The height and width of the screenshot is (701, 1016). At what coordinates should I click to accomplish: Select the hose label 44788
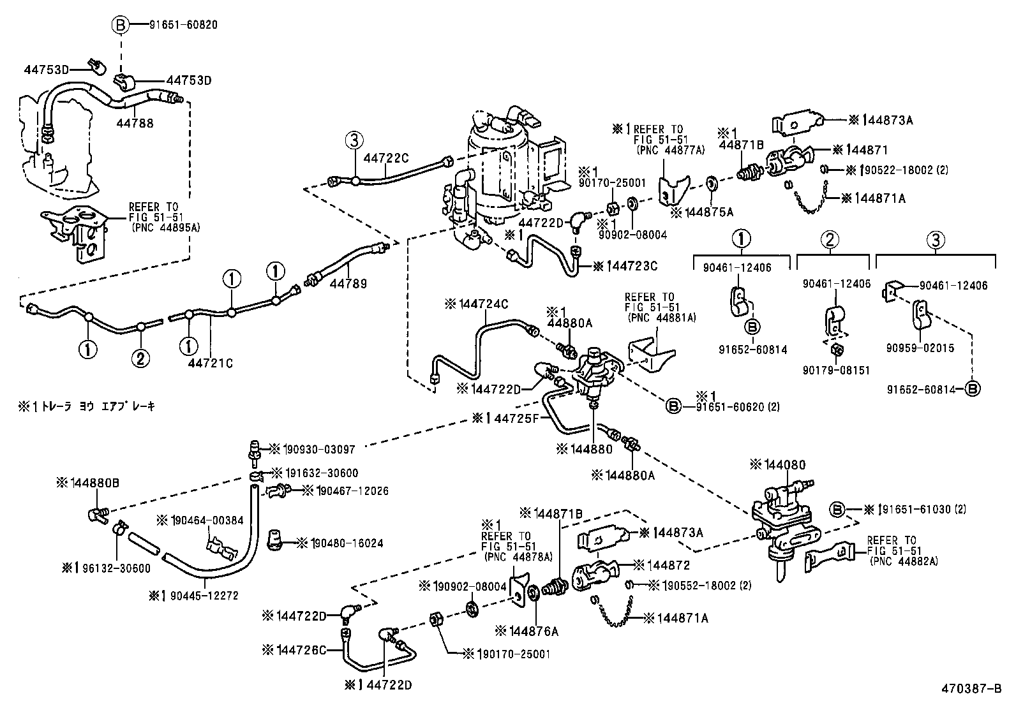(135, 124)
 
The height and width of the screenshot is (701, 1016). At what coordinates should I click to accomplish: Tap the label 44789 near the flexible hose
(348, 283)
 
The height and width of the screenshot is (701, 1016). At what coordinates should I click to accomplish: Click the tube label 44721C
(211, 363)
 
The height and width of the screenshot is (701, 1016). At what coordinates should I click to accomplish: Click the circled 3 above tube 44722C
(354, 140)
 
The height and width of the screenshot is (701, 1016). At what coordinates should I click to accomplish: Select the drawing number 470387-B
(975, 689)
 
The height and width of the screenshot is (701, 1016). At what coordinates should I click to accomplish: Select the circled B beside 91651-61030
(838, 509)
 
